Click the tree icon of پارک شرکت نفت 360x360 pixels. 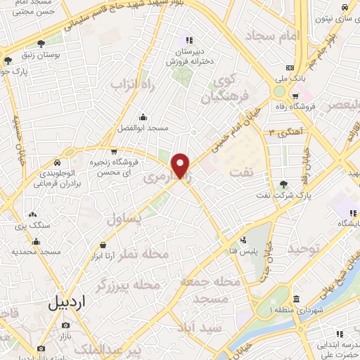pyautogui.click(x=283, y=184)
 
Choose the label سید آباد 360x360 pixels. pyautogui.click(x=201, y=328)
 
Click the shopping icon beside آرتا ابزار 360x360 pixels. pyautogui.click(x=103, y=245)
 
